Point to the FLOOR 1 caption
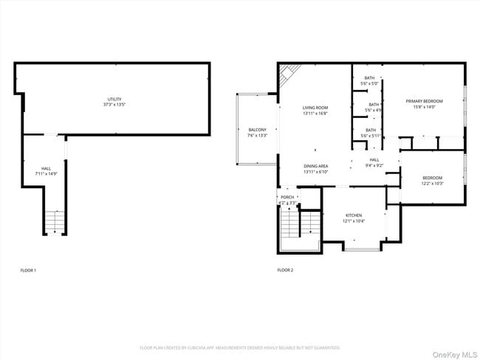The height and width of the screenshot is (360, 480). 28,271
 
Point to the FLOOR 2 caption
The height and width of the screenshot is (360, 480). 285,271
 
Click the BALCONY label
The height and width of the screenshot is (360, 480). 257,129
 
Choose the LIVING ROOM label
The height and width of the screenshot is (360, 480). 315,108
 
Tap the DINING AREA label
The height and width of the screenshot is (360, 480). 315,166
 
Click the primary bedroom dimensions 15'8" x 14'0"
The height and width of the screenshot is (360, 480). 424,106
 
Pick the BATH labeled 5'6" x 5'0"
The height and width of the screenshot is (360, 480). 368,78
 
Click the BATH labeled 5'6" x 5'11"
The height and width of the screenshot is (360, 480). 368,130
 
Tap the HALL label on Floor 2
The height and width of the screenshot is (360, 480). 374,160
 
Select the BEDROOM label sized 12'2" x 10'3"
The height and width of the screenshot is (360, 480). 432,177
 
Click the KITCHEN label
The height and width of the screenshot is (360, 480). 354,215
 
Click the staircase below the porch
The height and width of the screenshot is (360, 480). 291,224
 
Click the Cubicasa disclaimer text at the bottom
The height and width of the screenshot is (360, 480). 240,347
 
